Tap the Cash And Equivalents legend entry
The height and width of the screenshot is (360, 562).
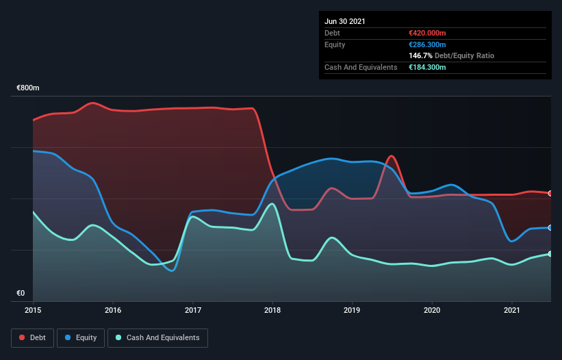[157, 337]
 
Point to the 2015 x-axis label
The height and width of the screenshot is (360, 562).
[34, 311]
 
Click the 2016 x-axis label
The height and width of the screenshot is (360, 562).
[113, 311]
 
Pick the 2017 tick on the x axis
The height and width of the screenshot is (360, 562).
[193, 311]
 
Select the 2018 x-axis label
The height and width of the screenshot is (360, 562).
[272, 311]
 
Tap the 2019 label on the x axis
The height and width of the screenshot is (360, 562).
[352, 311]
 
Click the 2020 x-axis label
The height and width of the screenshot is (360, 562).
[432, 311]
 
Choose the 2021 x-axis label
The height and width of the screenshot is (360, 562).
[511, 311]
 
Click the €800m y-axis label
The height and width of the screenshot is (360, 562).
[28, 88]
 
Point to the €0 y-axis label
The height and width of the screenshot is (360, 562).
[21, 294]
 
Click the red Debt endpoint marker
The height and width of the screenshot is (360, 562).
[550, 193]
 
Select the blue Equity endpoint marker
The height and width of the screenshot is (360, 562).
[550, 227]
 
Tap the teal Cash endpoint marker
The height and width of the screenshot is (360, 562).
[550, 254]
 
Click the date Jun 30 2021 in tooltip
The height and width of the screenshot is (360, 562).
[345, 21]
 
